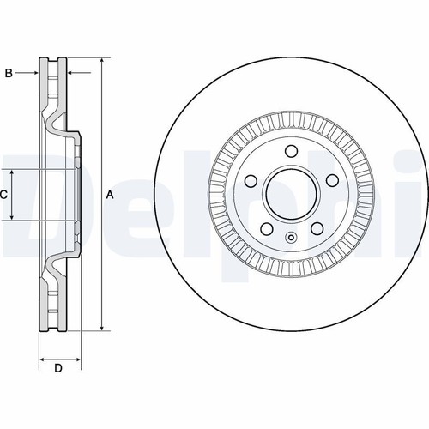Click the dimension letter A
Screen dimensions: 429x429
click(x=110, y=195)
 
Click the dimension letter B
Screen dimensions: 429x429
click(x=9, y=73)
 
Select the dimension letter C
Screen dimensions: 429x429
click(x=3, y=195)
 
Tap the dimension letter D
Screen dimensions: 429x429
click(x=58, y=368)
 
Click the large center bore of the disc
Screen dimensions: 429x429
click(x=291, y=195)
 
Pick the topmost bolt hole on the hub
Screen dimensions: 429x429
click(x=291, y=151)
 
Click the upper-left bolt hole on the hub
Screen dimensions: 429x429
click(x=251, y=180)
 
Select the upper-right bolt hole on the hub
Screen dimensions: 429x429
click(x=332, y=180)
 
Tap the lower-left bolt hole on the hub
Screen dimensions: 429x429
click(x=266, y=228)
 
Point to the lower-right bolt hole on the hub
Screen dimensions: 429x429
click(x=317, y=228)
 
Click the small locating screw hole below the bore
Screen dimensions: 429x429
click(x=291, y=237)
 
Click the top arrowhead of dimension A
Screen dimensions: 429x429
click(x=102, y=62)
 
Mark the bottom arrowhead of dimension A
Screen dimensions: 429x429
click(x=102, y=327)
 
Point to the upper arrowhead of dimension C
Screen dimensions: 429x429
click(x=12, y=173)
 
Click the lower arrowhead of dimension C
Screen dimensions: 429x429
click(x=12, y=216)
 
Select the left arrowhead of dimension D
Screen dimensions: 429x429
click(x=43, y=360)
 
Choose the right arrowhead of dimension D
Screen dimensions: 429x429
click(x=77, y=360)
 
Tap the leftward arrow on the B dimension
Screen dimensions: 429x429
click(x=79, y=73)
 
